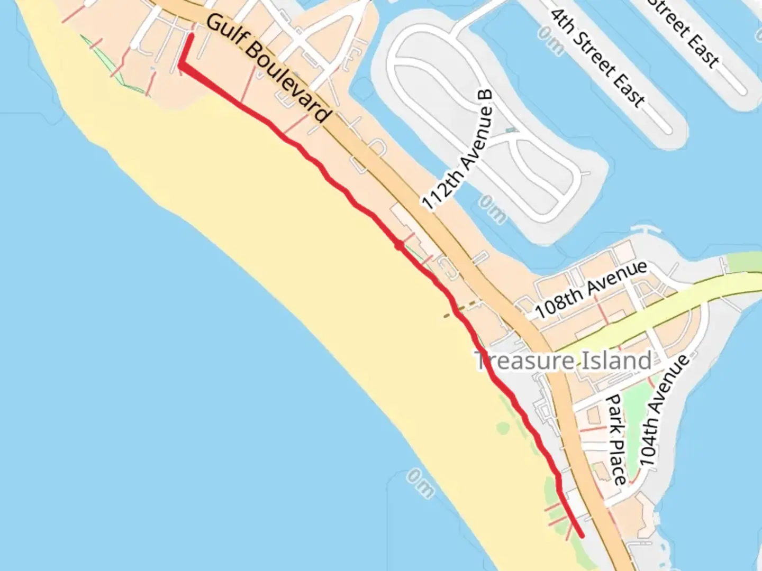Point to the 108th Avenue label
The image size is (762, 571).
[591, 289]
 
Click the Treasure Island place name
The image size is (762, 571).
[563, 361]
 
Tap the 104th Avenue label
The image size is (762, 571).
[664, 410]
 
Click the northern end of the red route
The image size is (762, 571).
[190, 36]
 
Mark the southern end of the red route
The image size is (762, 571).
[582, 536]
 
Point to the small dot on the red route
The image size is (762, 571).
[398, 245]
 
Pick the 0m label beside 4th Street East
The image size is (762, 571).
[550, 40]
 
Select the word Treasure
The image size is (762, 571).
[524, 361]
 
